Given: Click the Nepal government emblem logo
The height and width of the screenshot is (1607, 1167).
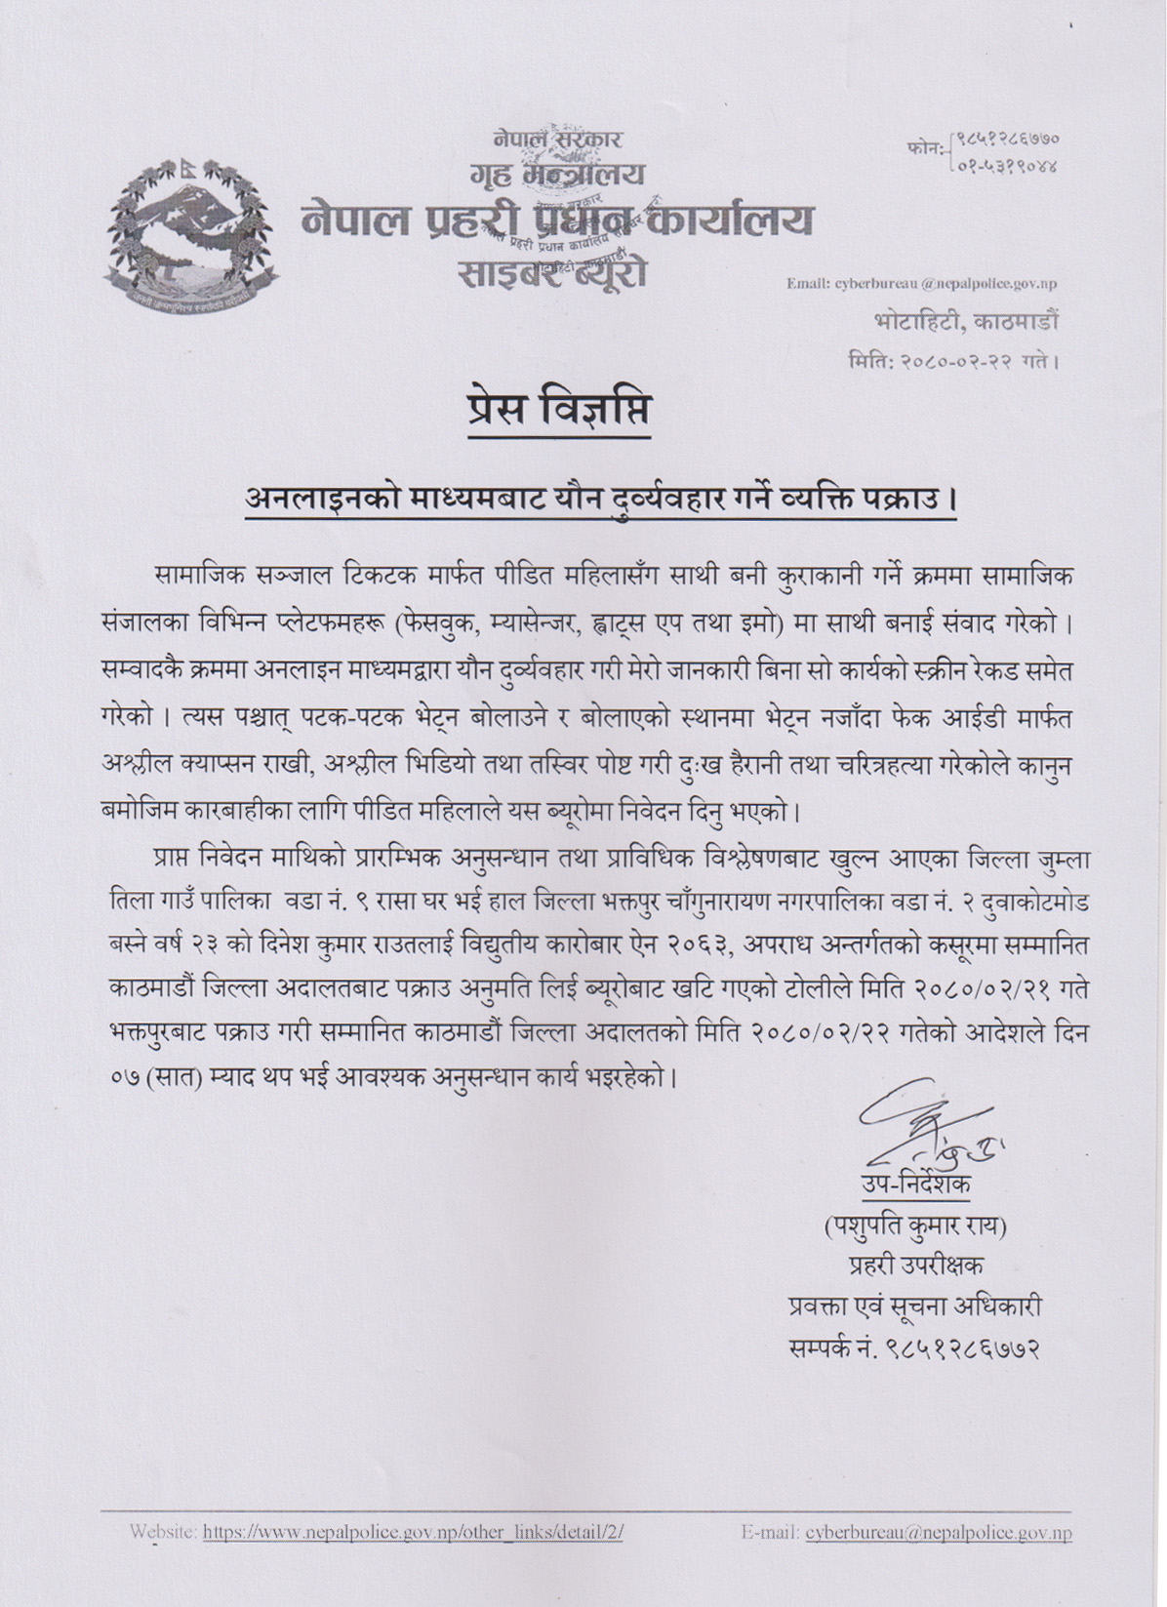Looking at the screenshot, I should click(x=191, y=236).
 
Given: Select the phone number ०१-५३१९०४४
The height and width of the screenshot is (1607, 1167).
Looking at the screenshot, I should click(x=1008, y=166).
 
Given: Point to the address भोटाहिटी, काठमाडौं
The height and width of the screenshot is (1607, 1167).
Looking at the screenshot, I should click(x=964, y=321).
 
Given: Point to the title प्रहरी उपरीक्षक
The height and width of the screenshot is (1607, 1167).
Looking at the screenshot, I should click(x=915, y=1266).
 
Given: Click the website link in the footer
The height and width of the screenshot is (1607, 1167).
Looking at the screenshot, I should click(x=413, y=1533).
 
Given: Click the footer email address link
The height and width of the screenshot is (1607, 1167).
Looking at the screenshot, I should click(x=939, y=1533).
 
